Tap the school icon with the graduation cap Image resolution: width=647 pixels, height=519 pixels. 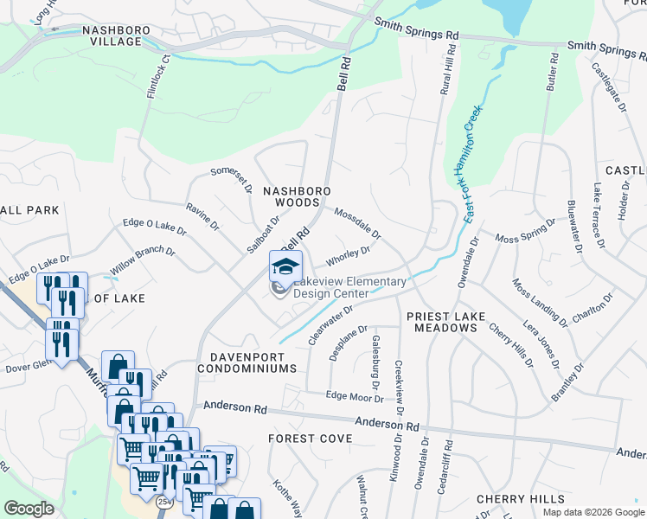(286, 266)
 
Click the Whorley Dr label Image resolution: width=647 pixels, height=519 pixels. (348, 256)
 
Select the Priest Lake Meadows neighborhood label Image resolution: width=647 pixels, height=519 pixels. (441, 323)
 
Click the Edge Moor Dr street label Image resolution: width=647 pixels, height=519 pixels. (355, 396)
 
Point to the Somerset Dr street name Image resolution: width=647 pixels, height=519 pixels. (232, 181)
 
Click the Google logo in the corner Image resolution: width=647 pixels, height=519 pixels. (29, 509)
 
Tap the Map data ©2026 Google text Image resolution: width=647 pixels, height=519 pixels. (593, 512)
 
